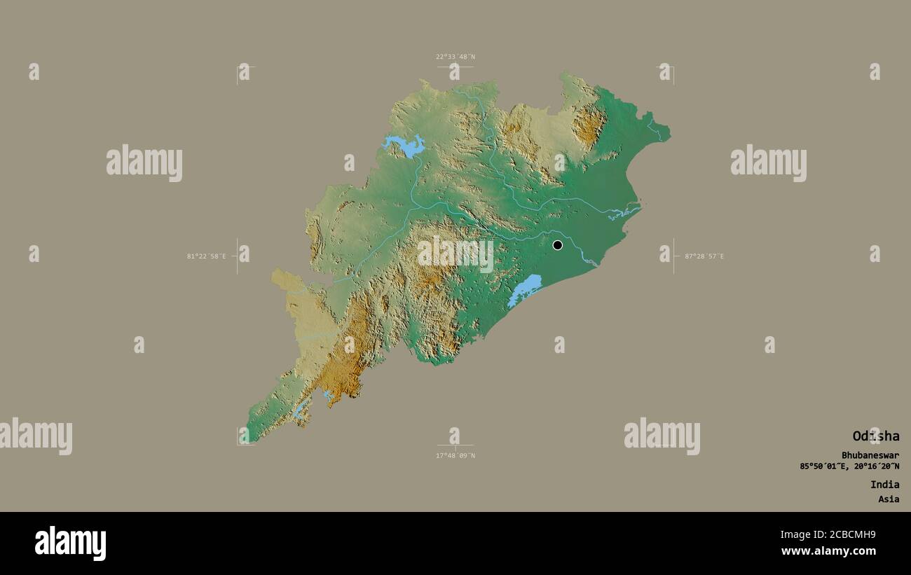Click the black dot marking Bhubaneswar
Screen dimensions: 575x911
(557, 245)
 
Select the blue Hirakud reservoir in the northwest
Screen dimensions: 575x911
(404, 146)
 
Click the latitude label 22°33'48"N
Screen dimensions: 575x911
(455, 57)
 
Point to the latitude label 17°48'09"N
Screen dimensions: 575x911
(455, 456)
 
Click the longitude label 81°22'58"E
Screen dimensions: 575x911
(206, 256)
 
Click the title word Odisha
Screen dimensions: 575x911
(875, 436)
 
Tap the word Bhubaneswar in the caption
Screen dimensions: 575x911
(870, 455)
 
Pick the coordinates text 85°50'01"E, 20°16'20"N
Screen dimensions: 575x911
(849, 466)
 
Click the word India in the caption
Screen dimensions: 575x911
(884, 485)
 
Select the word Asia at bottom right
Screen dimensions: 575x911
(889, 499)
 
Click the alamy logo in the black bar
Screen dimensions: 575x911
(70, 543)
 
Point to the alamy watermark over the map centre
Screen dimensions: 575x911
(455, 254)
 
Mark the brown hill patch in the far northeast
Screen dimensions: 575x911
(589, 126)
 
